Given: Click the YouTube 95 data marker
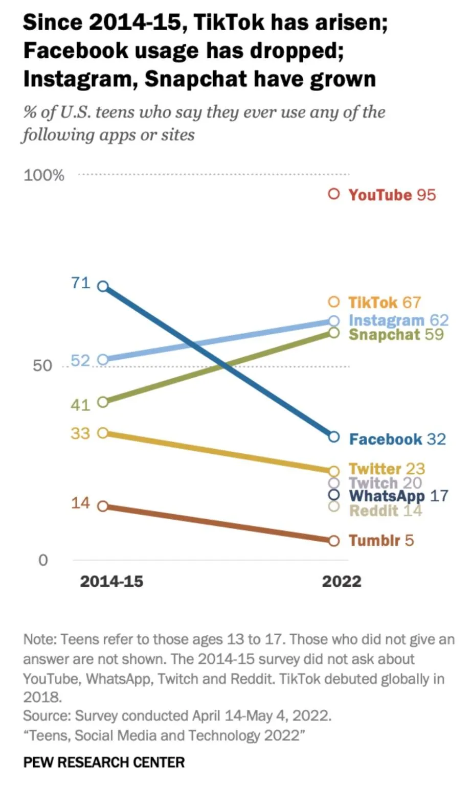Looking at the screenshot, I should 334,194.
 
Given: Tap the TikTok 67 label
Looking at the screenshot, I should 384,302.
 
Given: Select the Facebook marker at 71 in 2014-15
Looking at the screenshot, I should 103,286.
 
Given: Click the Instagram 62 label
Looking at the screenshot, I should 398,320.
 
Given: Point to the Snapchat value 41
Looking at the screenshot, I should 80,405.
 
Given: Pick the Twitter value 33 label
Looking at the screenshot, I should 80,433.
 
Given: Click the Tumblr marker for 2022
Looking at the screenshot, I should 334,541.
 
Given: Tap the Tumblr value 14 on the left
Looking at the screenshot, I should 80,503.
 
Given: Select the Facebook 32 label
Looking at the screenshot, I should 397,439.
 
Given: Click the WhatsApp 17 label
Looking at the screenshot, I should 398,496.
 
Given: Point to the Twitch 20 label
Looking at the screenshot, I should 385,482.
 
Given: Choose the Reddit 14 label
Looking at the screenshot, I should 385,510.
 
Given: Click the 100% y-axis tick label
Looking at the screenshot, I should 44,175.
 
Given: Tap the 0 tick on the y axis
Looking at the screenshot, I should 43,560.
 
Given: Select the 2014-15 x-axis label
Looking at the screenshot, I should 111,581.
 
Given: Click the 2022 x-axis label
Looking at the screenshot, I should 342,581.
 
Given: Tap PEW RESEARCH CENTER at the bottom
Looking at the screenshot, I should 104,763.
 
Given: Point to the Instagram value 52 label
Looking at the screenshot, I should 80,361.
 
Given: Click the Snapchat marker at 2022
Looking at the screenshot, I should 334,333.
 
